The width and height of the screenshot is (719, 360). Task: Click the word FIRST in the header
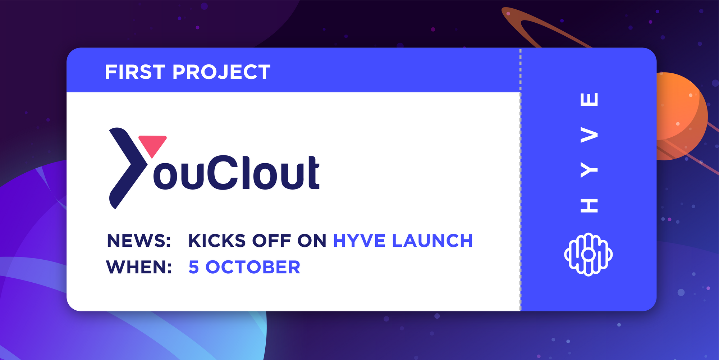[135, 72]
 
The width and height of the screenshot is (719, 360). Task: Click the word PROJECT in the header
[221, 72]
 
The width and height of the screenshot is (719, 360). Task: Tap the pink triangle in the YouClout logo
[152, 145]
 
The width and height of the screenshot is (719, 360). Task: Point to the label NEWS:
[139, 241]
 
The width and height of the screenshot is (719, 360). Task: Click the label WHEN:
[139, 267]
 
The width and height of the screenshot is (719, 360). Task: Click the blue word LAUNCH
[432, 241]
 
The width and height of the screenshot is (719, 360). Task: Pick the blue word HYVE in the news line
[359, 241]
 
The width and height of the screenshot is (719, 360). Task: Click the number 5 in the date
[194, 267]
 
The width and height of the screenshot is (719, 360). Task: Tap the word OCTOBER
[253, 267]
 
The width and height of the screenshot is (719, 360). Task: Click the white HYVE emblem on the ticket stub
[588, 254]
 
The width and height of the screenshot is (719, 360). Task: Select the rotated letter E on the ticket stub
[589, 99]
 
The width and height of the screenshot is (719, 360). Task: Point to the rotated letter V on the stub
[589, 135]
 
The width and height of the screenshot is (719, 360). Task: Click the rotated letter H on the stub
[589, 205]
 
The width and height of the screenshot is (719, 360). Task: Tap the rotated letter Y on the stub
[589, 170]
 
